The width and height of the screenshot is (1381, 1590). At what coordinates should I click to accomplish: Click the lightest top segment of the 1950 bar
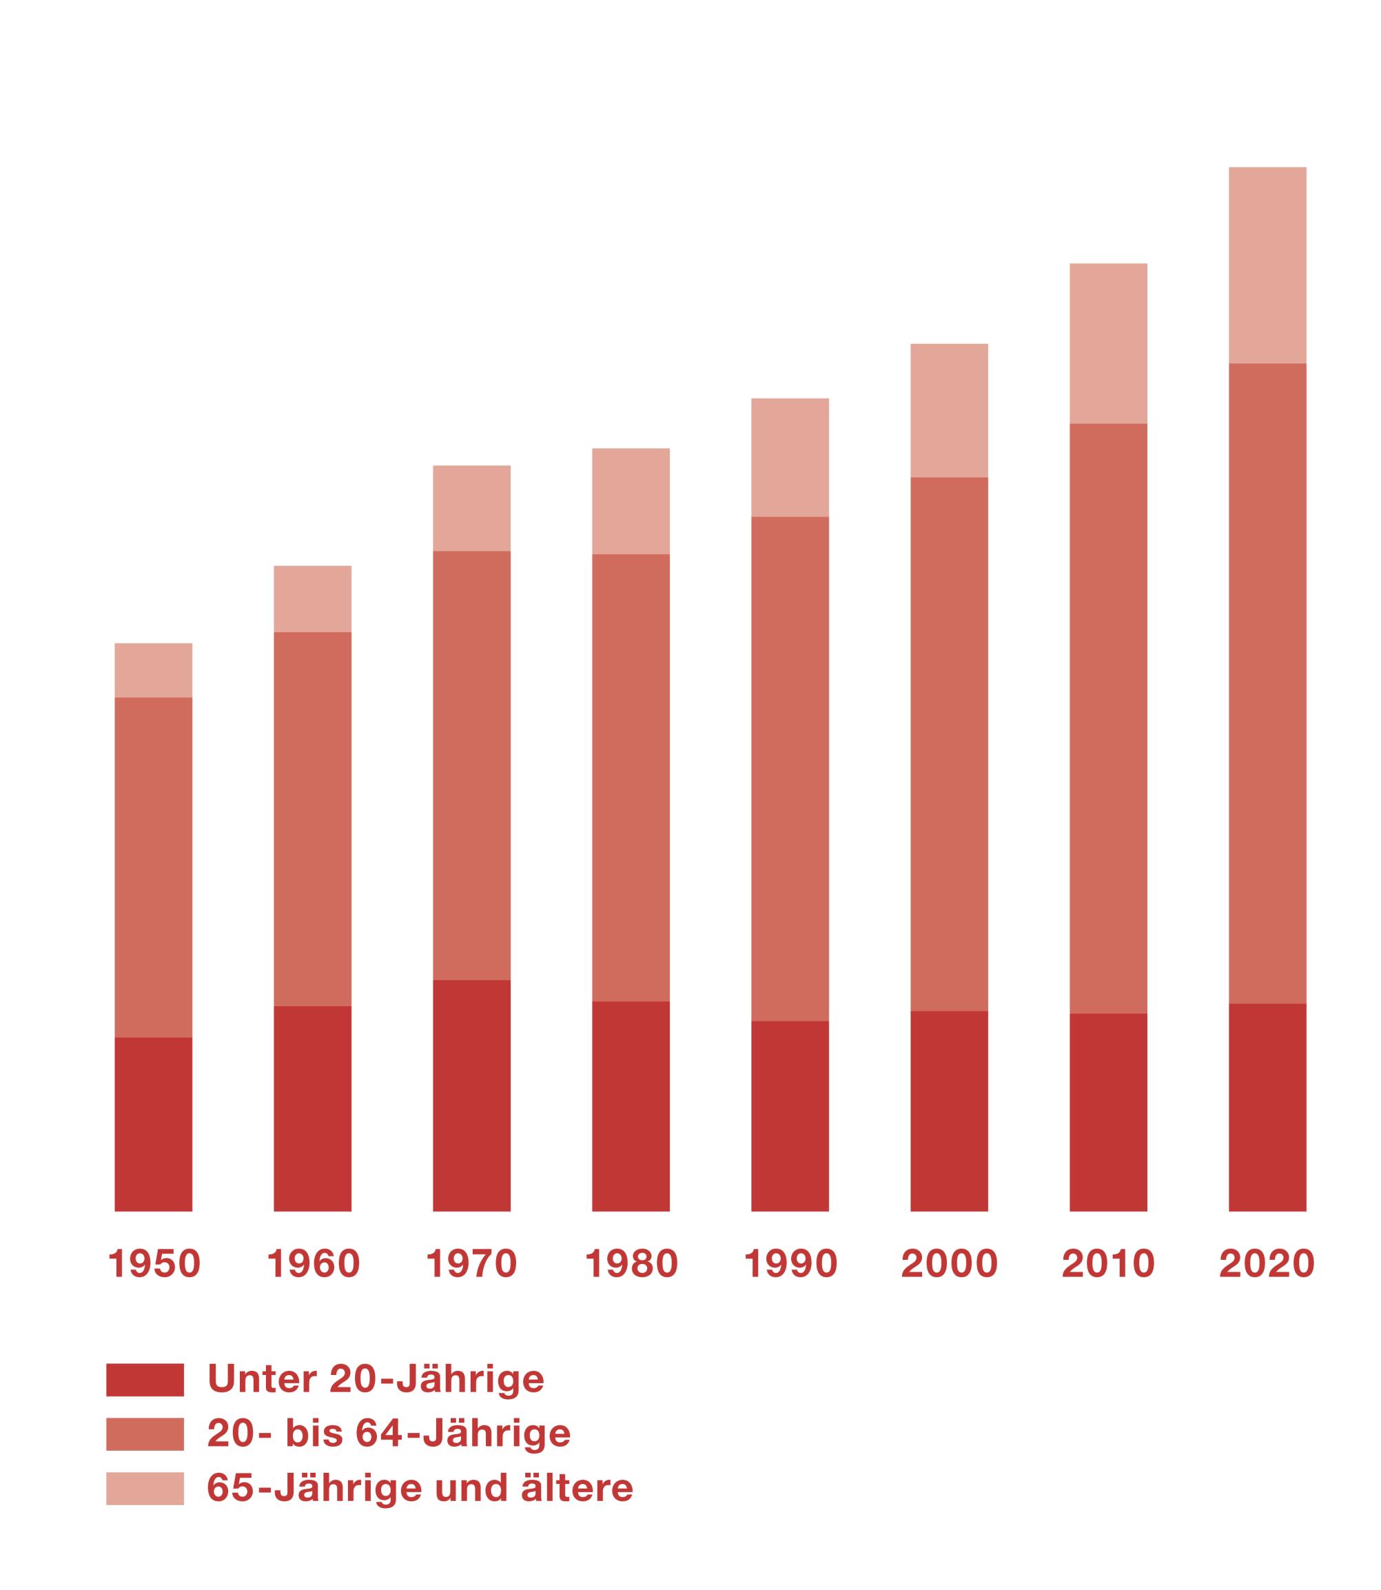click(x=154, y=670)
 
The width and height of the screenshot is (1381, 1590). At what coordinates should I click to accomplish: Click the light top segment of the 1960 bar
click(x=313, y=599)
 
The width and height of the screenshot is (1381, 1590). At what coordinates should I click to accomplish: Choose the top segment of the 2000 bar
click(x=949, y=410)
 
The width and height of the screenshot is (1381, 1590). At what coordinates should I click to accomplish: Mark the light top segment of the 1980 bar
click(x=631, y=501)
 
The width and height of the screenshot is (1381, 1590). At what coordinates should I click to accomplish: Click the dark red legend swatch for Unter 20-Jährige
click(x=145, y=1379)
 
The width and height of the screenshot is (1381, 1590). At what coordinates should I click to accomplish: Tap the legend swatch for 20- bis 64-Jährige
click(x=145, y=1434)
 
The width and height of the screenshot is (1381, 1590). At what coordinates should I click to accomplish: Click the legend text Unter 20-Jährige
click(x=376, y=1379)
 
